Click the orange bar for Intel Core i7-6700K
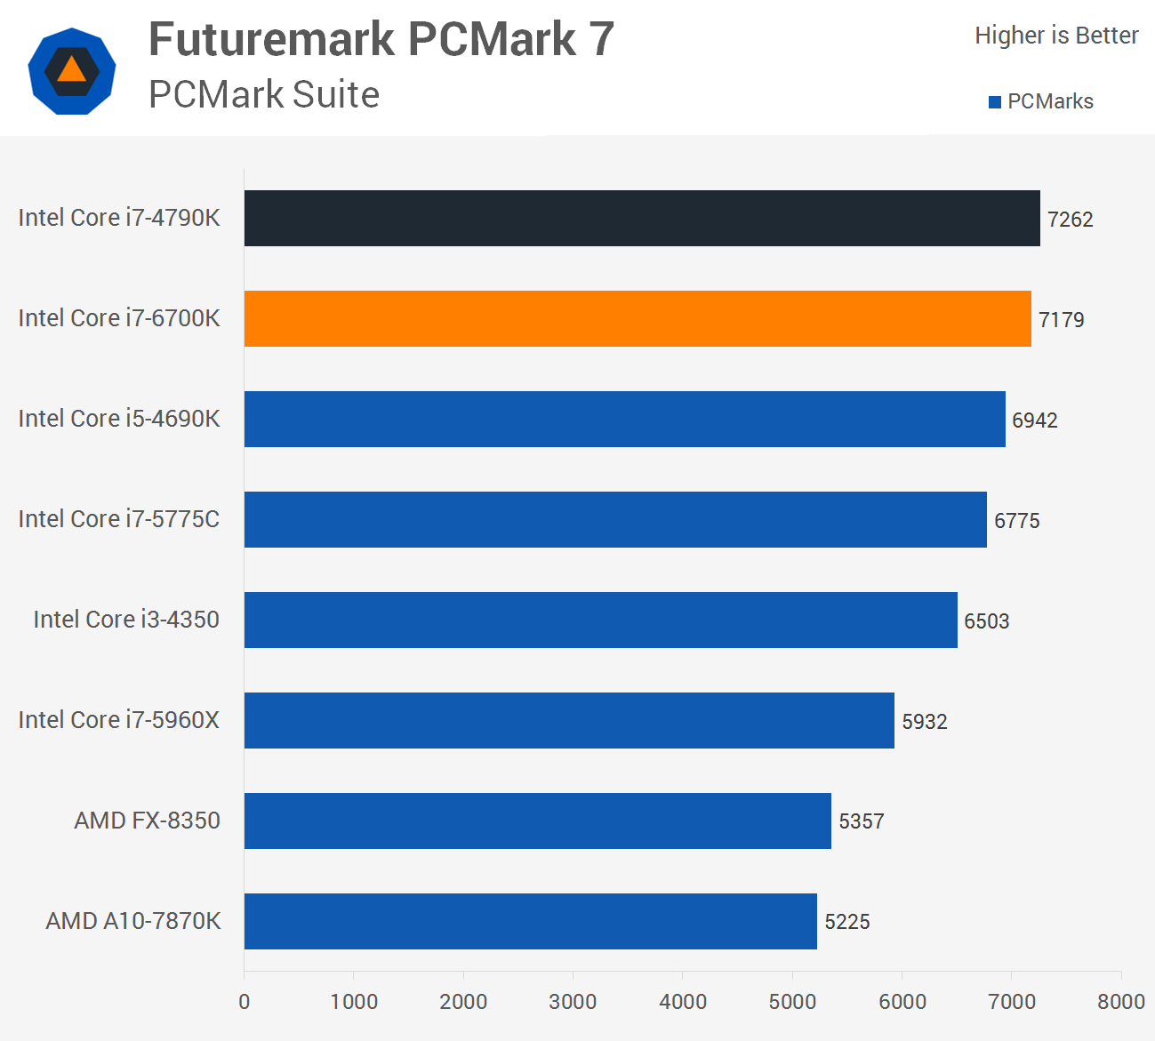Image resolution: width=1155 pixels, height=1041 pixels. pos(638,318)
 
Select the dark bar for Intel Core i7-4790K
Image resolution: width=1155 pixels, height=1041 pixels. pos(642,218)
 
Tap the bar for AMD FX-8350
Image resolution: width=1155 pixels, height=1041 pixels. pos(537,821)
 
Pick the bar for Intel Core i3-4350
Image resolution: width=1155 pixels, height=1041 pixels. pos(600,620)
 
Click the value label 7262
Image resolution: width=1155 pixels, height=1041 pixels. pos(1070,220)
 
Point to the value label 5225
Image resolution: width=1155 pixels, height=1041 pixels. pos(846,922)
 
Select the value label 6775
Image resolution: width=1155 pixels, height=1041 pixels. pos(1016,521)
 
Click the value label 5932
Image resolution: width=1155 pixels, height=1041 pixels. pos(924,722)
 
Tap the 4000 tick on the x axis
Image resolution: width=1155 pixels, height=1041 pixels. pos(682,1002)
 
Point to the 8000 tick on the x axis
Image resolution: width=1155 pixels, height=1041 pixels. pos(1120,1002)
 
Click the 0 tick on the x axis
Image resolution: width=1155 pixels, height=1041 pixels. pos(245,1002)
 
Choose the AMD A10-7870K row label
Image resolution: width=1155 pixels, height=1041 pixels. pos(133,921)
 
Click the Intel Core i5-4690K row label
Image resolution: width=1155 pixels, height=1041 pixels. pos(119,419)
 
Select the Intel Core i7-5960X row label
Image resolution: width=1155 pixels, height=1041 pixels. pos(119,720)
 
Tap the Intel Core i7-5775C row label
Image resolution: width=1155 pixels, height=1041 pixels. pos(119,519)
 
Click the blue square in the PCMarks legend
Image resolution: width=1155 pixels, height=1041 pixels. pos(995,102)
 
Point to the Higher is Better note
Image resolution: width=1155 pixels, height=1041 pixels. pos(1056,36)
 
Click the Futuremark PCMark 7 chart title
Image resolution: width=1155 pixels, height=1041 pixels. pos(381,39)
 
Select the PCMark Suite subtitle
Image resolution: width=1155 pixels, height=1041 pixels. pos(264,94)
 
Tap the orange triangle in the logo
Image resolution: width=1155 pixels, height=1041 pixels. pos(72,69)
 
